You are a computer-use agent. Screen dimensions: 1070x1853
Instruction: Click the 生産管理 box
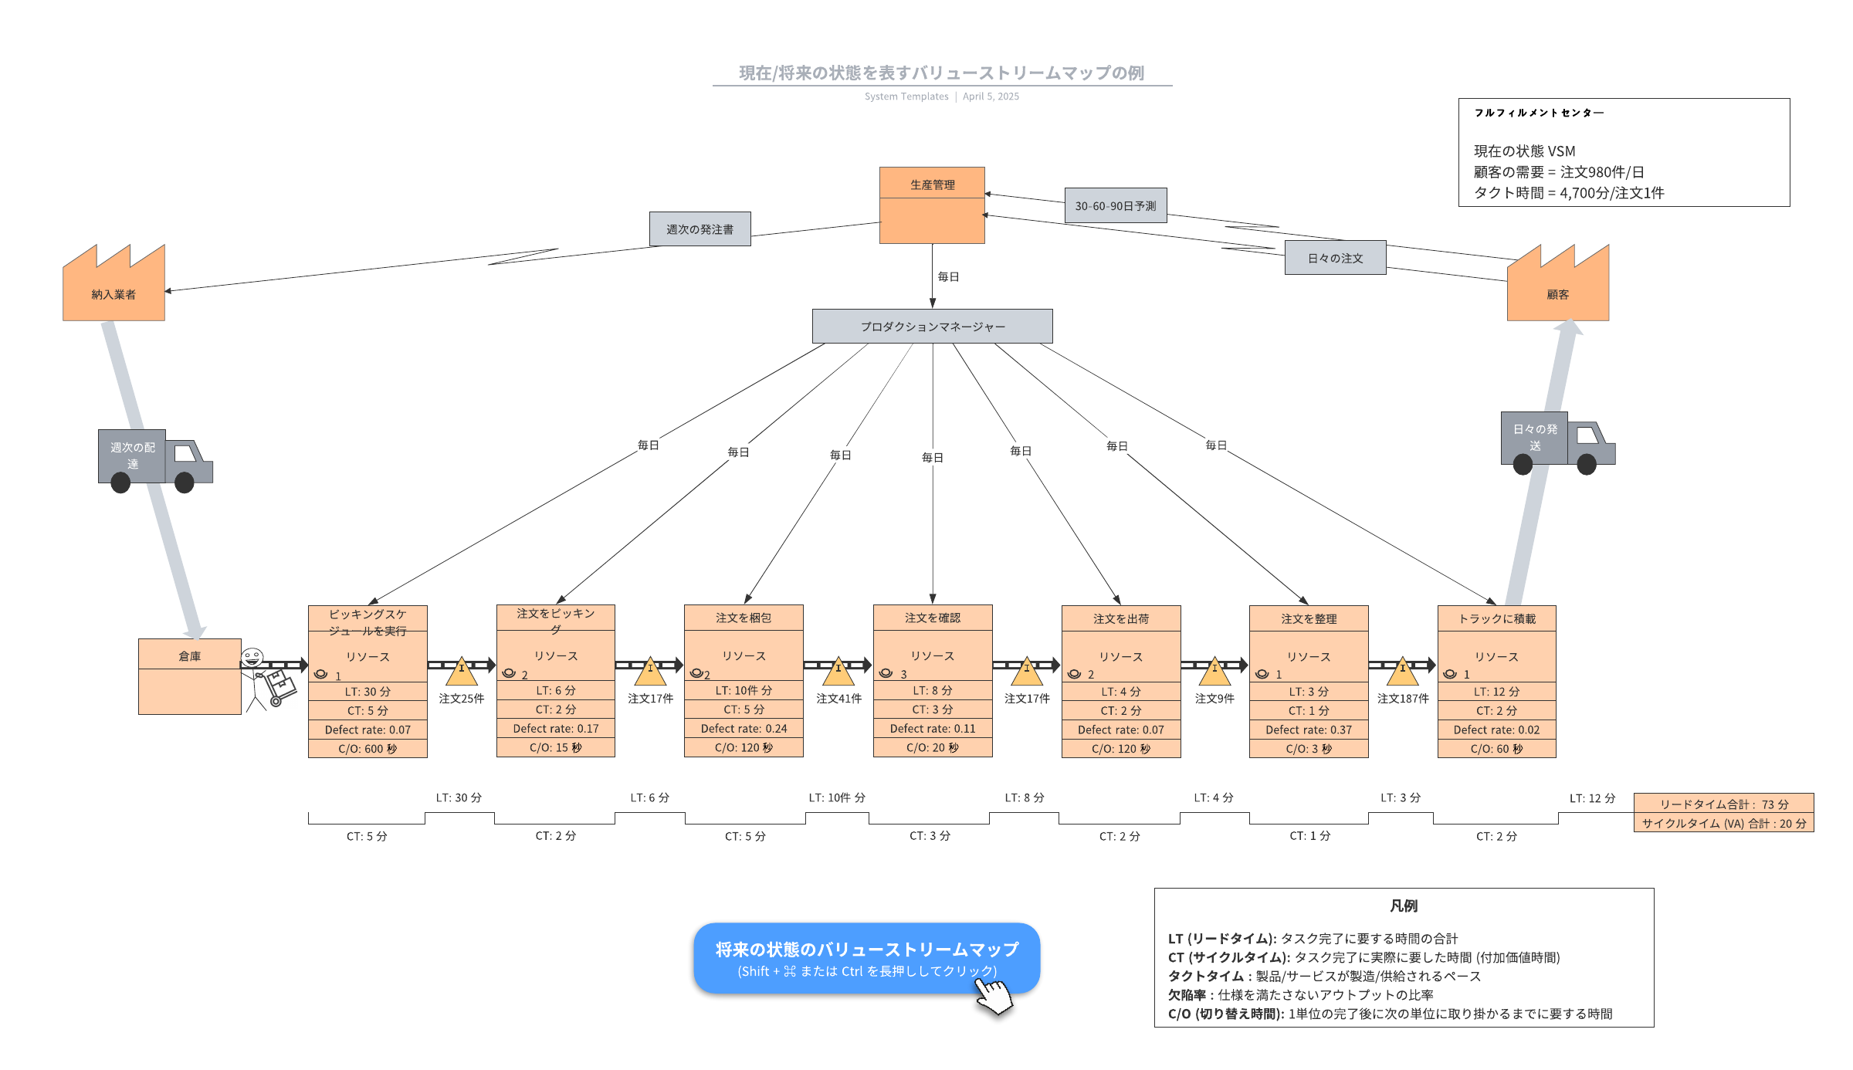pyautogui.click(x=932, y=205)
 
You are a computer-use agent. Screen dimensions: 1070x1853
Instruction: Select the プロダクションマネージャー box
pyautogui.click(x=932, y=327)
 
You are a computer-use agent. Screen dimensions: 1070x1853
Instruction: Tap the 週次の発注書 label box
pyautogui.click(x=700, y=229)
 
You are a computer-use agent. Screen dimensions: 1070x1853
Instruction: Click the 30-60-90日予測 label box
pyautogui.click(x=1115, y=206)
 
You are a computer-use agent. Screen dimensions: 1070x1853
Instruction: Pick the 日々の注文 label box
pyautogui.click(x=1335, y=258)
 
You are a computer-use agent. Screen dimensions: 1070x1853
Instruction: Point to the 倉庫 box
pyautogui.click(x=189, y=676)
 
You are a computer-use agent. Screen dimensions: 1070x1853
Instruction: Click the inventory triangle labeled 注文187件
pyautogui.click(x=1403, y=672)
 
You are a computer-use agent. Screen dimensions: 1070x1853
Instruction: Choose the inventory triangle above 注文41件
pyautogui.click(x=838, y=672)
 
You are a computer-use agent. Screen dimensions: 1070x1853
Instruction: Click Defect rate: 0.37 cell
pyautogui.click(x=1309, y=730)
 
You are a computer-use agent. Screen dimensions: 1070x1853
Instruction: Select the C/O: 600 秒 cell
pyautogui.click(x=368, y=749)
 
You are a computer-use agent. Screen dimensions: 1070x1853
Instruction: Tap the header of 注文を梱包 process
pyautogui.click(x=744, y=618)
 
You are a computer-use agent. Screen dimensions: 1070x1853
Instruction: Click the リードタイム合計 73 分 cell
pyautogui.click(x=1723, y=804)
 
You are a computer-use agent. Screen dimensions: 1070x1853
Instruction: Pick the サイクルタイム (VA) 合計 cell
pyautogui.click(x=1723, y=823)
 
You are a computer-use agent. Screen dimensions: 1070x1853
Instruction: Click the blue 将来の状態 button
pyautogui.click(x=866, y=958)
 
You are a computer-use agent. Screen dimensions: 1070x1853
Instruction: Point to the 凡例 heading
pyautogui.click(x=1404, y=906)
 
